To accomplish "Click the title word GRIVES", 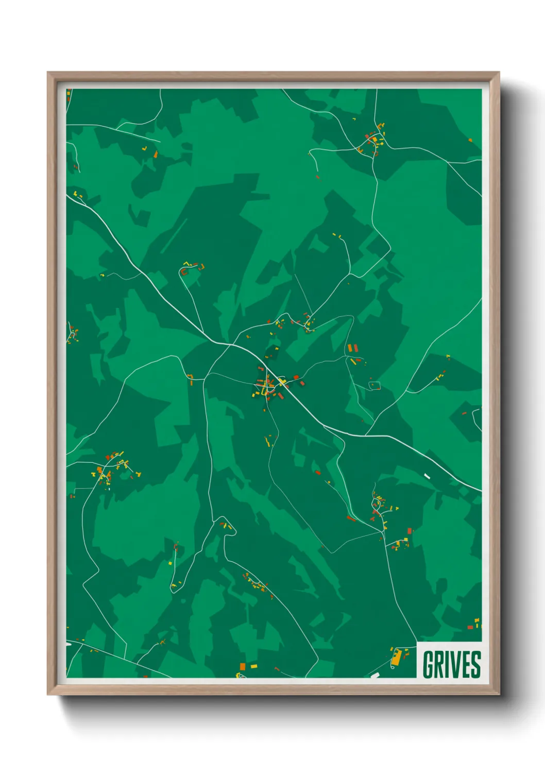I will click(451, 664).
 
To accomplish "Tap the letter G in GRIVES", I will click(428, 664).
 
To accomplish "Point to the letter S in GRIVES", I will click(475, 664).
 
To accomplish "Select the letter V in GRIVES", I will click(455, 664).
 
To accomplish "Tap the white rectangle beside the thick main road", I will click(427, 476).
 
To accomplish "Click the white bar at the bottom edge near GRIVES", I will click(374, 675).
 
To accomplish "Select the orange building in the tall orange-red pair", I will click(350, 348).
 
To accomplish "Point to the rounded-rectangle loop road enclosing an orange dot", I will click(374, 385).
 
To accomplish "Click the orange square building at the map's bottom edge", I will click(243, 667).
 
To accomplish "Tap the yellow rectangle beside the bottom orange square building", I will click(253, 666).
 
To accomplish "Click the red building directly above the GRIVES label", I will click(470, 627).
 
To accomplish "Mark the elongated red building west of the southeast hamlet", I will click(351, 518).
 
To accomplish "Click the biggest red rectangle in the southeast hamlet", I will click(410, 531).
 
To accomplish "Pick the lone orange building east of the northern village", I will click(470, 140).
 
